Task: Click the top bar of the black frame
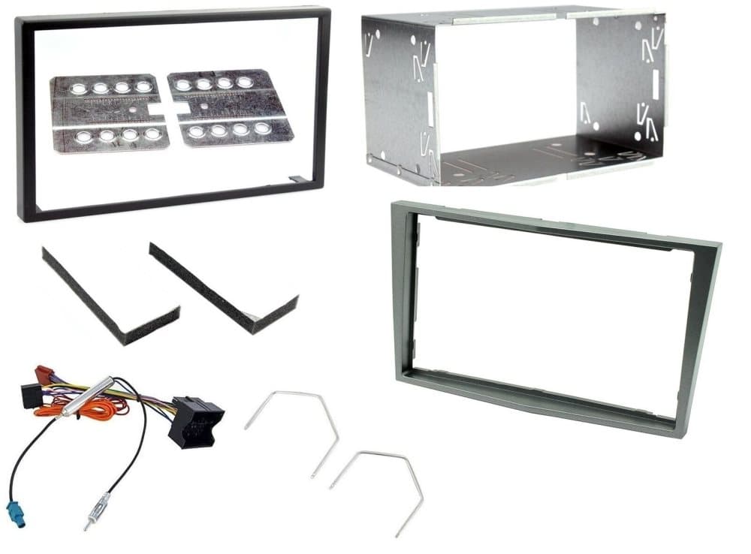(x=173, y=17)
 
